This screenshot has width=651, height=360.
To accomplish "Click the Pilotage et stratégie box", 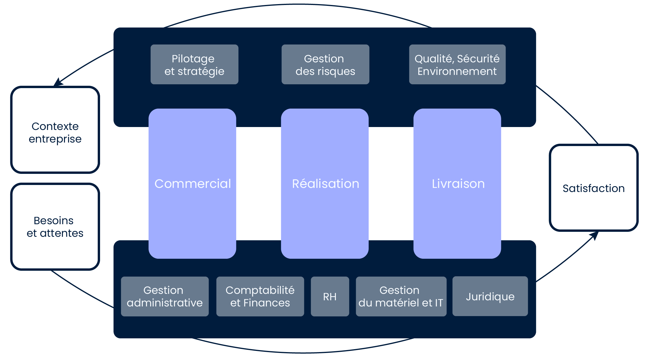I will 194,64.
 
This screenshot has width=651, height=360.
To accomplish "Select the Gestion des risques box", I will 325,64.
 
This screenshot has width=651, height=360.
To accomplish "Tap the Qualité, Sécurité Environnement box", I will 457,64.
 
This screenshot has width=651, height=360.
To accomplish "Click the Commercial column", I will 192,184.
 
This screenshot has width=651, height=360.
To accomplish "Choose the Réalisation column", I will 325,184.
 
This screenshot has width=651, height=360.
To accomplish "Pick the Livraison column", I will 457,184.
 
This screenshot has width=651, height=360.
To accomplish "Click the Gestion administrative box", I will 165,296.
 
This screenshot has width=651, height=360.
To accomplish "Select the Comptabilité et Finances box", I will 260,296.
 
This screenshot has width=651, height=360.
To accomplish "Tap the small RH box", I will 330,296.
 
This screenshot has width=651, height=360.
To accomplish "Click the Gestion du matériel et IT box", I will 401,296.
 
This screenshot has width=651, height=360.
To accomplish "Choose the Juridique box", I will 490,296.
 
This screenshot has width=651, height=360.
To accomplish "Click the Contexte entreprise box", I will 55,130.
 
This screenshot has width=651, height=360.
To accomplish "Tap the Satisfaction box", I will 593,188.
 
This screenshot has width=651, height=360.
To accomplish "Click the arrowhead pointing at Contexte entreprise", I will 58,82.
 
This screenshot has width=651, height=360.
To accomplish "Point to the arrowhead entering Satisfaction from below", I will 594,235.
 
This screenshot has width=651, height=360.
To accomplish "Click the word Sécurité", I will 478,59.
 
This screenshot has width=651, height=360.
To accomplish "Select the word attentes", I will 61,233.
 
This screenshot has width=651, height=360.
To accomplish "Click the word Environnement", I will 457,71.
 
